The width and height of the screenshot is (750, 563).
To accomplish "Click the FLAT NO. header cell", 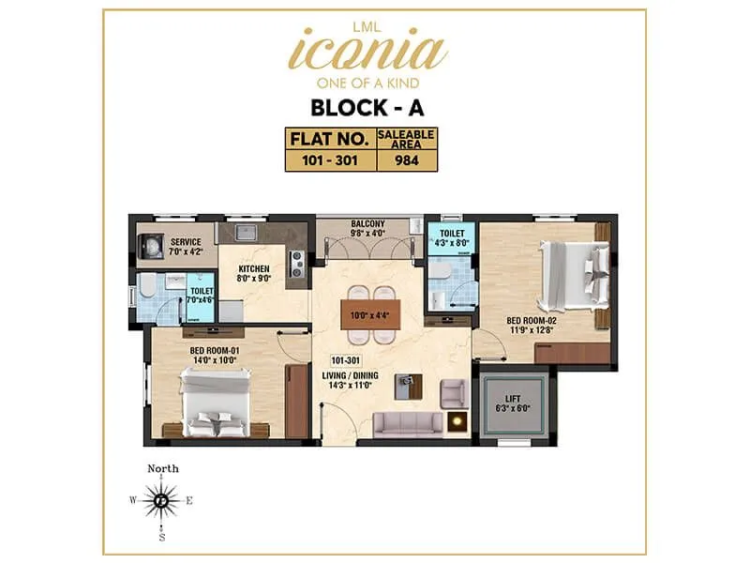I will point(329,138).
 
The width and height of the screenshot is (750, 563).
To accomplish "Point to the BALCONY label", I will point(367,223).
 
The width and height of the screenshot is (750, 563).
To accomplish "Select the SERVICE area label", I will point(186,241).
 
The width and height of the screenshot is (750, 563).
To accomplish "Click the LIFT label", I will point(516,399).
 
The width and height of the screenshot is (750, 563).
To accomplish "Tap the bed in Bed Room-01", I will point(216,402).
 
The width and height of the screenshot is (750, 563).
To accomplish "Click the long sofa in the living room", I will point(407,423).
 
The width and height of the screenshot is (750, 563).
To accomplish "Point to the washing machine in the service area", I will point(151,246).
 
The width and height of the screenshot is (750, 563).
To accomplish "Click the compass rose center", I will point(163,501).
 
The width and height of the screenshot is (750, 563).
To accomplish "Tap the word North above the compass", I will point(163,468).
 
